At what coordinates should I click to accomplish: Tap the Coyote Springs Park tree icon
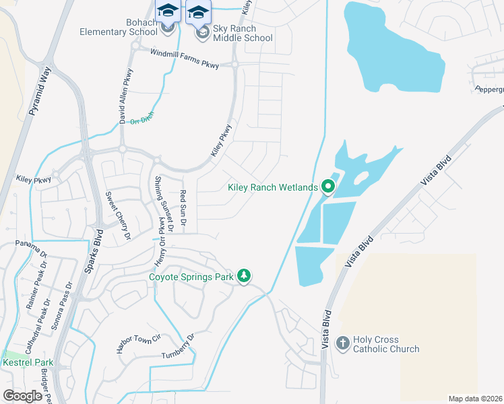tap(244, 276)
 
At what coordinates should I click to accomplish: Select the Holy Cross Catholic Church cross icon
tap(342, 344)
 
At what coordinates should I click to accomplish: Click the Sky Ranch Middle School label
tap(243, 34)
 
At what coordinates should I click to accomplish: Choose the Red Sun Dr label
tap(183, 208)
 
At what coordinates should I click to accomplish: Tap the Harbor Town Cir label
tap(138, 344)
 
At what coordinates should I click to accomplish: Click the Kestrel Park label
tap(28, 363)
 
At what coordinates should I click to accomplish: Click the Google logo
tap(22, 395)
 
